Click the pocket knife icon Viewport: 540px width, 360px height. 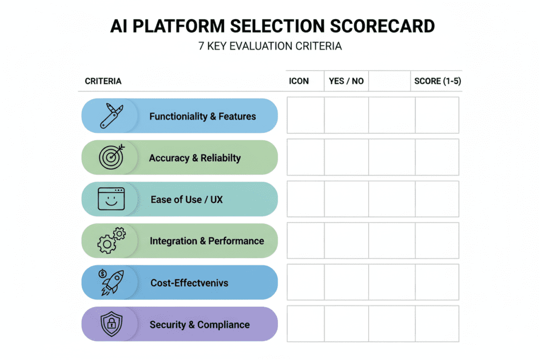pos(111,116)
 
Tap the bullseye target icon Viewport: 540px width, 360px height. pos(111,157)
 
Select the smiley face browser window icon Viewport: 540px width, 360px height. pos(111,199)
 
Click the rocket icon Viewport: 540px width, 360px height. pos(113,283)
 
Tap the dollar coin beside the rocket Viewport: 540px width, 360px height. pos(102,273)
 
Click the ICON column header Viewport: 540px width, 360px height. pos(299,81)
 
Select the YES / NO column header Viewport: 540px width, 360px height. pos(346,81)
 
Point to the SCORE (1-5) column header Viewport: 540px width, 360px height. pos(438,81)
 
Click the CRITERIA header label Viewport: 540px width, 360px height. pos(103,81)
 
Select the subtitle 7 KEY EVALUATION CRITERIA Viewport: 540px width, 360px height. pos(270,46)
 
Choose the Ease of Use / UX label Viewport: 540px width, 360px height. pos(187,199)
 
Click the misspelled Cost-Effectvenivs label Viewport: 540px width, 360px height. pos(189,283)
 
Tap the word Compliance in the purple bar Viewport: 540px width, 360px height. pos(223,325)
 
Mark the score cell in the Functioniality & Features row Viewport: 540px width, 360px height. pos(437,115)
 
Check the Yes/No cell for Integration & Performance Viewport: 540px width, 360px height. pos(346,240)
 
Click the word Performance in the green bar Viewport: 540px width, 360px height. pos(236,241)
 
